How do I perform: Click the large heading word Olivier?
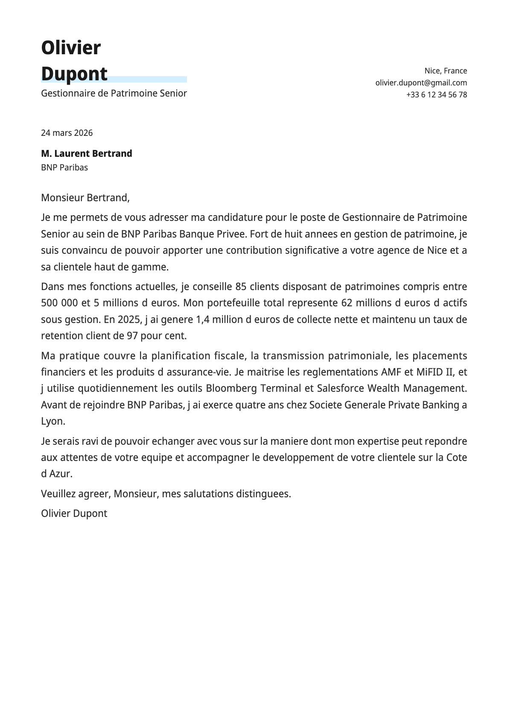tap(71, 47)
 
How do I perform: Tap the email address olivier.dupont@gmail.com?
tap(421, 83)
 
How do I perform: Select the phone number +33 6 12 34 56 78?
tap(436, 95)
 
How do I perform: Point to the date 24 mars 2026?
tap(67, 133)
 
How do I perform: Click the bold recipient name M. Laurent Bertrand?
tap(86, 153)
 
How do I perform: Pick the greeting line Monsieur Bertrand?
tap(85, 198)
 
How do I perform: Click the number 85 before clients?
tap(241, 287)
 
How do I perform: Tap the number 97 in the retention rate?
tap(132, 336)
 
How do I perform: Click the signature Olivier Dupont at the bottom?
tap(74, 514)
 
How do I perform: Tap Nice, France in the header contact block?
tap(445, 71)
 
